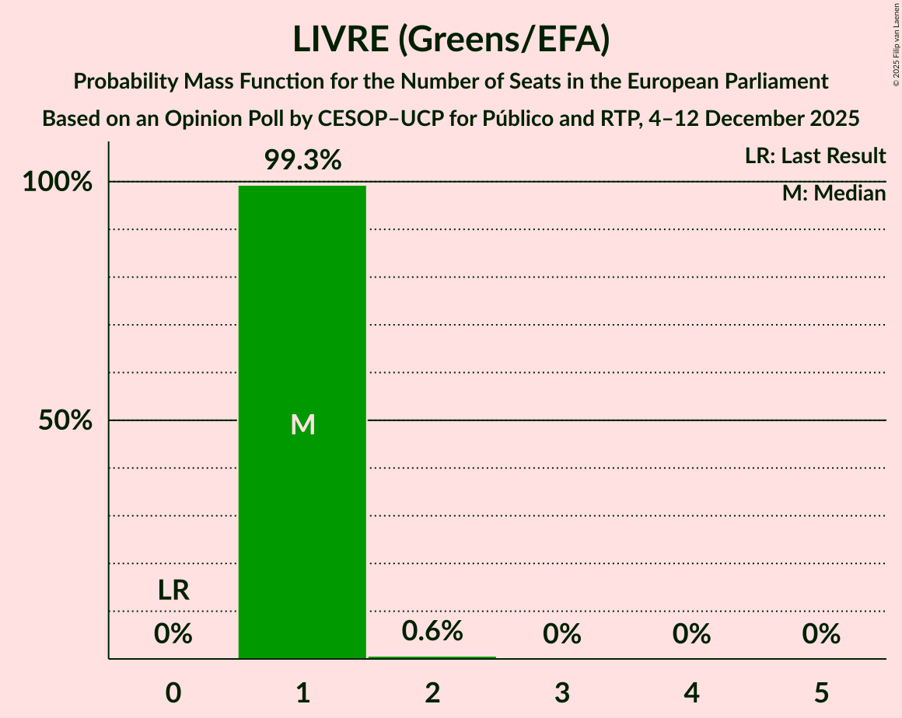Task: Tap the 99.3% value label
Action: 302,160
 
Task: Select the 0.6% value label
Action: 432,631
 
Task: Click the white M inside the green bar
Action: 302,424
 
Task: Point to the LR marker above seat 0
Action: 173,591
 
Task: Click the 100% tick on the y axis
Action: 58,183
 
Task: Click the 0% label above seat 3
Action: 562,635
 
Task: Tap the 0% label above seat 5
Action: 821,635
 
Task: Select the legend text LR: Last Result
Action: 815,156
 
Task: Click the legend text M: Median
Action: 834,193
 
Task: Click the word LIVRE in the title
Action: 340,40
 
